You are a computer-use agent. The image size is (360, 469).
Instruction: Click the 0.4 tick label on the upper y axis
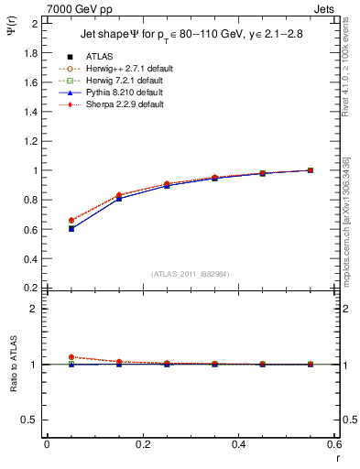(31, 258)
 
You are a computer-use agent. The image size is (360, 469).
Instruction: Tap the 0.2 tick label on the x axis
(142, 444)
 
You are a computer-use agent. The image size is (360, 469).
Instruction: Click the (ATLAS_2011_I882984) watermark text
(191, 274)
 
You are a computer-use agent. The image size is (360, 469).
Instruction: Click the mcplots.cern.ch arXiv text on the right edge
(349, 220)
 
